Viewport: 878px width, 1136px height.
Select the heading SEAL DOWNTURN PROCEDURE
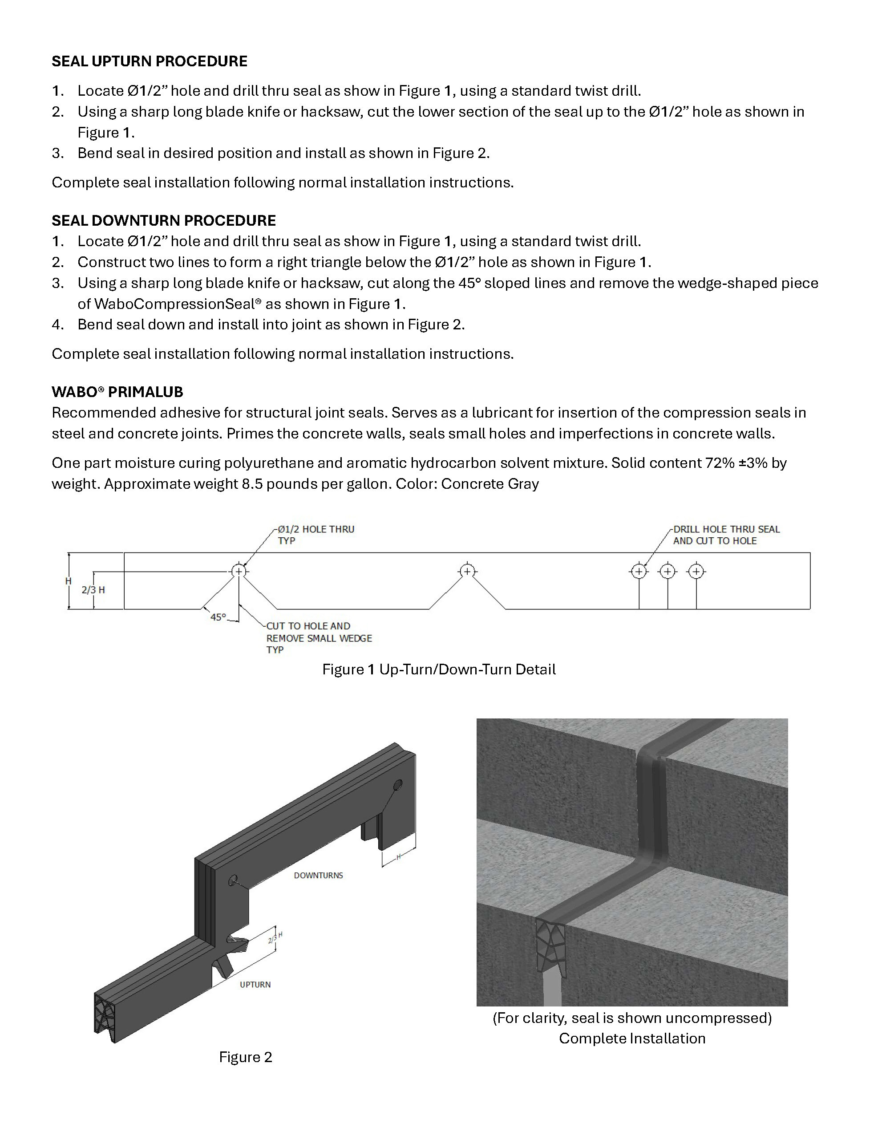[x=163, y=220]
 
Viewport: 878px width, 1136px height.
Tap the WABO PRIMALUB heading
[x=117, y=392]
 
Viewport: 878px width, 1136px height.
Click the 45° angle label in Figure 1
[x=218, y=617]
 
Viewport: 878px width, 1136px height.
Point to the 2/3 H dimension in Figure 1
[x=93, y=590]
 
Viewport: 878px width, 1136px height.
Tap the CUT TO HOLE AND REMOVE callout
[x=319, y=638]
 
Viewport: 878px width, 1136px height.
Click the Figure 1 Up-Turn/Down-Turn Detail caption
[x=438, y=669]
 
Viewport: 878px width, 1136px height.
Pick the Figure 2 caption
[x=246, y=1057]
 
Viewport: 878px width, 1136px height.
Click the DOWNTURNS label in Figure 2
[x=318, y=876]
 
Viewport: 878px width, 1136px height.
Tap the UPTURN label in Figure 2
[x=255, y=985]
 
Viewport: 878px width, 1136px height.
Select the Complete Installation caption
[x=632, y=1038]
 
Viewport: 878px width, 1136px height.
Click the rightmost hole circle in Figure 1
[x=696, y=572]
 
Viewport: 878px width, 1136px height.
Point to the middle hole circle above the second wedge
[x=467, y=571]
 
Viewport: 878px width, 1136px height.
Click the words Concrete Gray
[x=490, y=484]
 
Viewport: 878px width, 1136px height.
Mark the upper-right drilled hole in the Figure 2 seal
[x=398, y=784]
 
